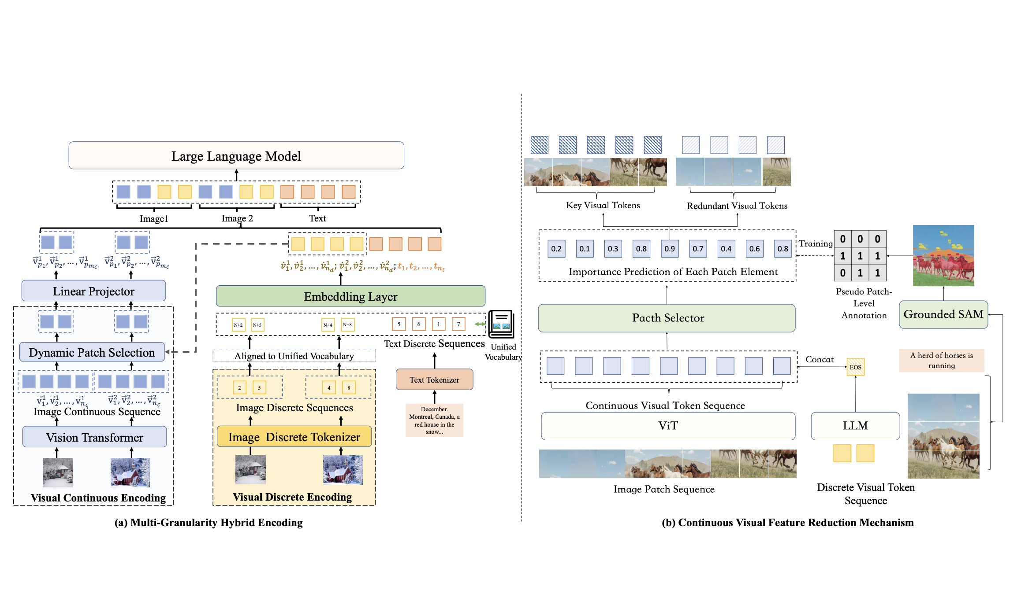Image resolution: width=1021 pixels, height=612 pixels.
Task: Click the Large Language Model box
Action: point(236,155)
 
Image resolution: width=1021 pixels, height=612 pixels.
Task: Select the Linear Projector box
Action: point(93,291)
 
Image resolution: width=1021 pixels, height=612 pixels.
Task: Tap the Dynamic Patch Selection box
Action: point(92,352)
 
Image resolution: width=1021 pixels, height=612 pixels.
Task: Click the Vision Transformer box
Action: point(94,437)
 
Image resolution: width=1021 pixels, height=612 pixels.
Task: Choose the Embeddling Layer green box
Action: point(350,296)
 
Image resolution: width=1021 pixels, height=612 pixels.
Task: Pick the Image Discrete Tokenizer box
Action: point(294,437)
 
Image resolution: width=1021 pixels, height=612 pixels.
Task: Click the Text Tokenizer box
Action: point(434,380)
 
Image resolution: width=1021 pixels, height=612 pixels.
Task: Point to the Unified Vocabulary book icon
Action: point(501,324)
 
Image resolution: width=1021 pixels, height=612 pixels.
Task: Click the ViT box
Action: point(668,426)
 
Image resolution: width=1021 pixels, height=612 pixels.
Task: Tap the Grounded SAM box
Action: point(943,314)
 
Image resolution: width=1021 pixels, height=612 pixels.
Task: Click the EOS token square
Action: point(855,367)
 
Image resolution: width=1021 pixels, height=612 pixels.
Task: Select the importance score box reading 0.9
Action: point(669,249)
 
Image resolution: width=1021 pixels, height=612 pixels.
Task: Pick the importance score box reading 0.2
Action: point(556,249)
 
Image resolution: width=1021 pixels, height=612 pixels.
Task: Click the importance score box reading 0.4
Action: point(726,249)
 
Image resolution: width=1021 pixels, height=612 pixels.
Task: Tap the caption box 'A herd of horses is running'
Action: point(942,360)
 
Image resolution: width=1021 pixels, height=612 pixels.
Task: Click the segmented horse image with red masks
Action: point(943,255)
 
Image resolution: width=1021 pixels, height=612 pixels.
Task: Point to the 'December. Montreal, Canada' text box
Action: point(434,420)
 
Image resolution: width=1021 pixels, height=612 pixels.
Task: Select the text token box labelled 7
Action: point(458,324)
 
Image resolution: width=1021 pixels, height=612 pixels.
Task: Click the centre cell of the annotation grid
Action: point(860,256)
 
